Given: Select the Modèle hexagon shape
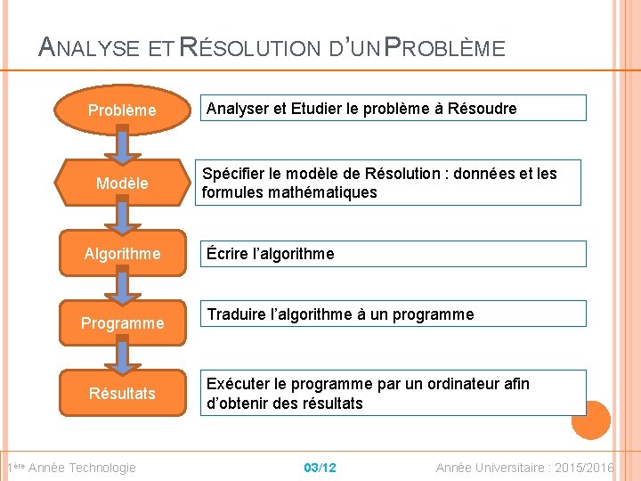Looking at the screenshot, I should click(x=122, y=183).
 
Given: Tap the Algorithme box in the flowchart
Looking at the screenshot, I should click(x=122, y=254).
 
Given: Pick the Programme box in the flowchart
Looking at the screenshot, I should click(x=122, y=322).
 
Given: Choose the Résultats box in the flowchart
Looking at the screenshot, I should click(x=122, y=393).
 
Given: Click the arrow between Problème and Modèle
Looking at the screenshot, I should click(x=123, y=146).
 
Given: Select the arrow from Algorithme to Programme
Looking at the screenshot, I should click(x=123, y=287).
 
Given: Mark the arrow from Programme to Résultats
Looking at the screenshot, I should click(x=123, y=357).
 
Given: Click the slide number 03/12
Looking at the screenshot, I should click(x=320, y=468).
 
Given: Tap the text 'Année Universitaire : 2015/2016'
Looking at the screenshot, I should click(x=524, y=468).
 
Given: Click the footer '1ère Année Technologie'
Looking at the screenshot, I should click(x=71, y=468).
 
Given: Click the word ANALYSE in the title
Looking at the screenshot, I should click(x=89, y=47).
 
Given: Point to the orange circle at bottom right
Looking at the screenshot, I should click(x=591, y=420).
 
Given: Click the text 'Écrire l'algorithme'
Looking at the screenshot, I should click(x=271, y=254).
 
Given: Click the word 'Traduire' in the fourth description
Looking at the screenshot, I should click(x=235, y=314).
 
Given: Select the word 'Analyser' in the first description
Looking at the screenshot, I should click(x=235, y=109).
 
